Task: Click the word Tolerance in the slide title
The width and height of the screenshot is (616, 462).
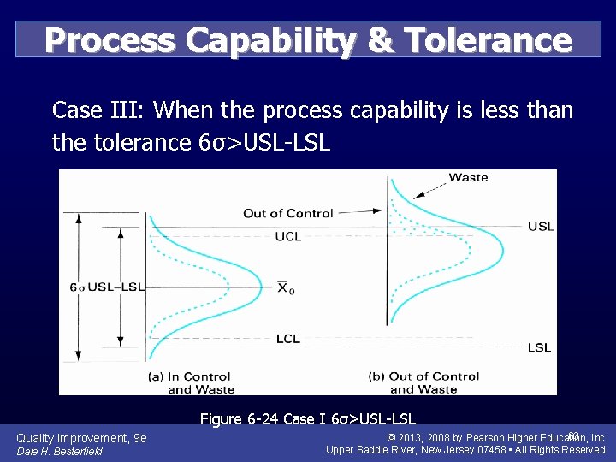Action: (488, 39)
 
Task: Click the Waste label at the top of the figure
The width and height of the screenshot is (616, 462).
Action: (468, 177)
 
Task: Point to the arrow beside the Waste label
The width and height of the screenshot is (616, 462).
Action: (435, 181)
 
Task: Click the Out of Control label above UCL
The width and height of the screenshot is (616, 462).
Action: (287, 213)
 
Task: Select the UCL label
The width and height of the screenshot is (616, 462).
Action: (288, 236)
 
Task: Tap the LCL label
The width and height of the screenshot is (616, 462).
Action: (288, 339)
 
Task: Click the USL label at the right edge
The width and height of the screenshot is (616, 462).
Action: (541, 226)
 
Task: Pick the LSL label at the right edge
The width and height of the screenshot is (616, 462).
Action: (539, 347)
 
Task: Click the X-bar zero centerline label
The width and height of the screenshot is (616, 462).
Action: (287, 287)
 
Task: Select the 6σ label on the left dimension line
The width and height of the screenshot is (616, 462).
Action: (79, 287)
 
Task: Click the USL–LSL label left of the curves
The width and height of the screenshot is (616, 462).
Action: (116, 287)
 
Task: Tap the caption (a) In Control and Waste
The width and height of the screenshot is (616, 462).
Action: (191, 382)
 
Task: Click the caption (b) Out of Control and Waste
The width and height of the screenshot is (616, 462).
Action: (423, 382)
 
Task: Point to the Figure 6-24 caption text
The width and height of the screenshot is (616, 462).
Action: (307, 418)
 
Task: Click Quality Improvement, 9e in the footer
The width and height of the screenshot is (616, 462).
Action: (81, 438)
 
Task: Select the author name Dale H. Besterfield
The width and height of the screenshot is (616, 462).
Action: (60, 452)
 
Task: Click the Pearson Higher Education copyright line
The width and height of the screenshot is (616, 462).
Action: (496, 438)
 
